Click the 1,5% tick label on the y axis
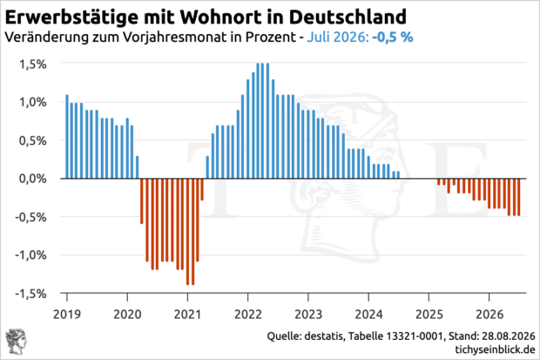point(33,65)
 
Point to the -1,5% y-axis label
point(30,294)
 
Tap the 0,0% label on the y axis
point(33,179)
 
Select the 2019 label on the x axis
point(67,315)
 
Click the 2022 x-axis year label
point(248,315)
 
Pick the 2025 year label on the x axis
point(429,315)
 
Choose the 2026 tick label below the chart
point(489,315)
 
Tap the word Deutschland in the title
point(348,17)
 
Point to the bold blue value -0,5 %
point(393,37)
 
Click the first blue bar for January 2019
point(67,137)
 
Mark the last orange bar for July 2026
point(518,197)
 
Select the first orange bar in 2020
point(142,201)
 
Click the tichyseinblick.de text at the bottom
point(495,350)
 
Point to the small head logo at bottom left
point(17,342)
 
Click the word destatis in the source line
point(324,336)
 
